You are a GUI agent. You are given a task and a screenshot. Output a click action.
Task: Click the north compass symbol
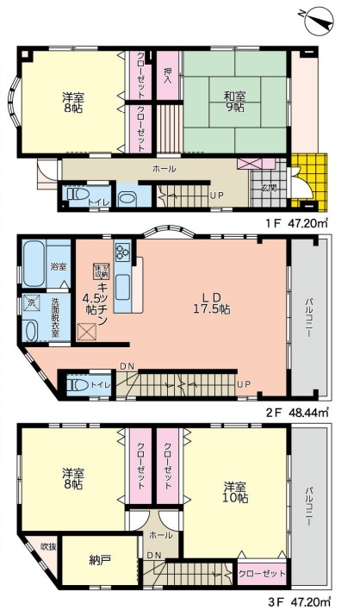click(319, 21)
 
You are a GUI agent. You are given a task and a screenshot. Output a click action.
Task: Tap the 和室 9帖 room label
click(234, 101)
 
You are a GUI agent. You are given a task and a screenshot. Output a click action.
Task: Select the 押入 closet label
click(168, 77)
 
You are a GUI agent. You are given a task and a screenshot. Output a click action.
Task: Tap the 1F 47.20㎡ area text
click(296, 224)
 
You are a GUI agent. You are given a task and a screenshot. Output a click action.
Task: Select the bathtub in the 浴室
click(33, 263)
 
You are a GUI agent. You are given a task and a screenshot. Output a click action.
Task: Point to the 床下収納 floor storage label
click(101, 270)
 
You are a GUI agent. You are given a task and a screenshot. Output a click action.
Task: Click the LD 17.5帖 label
click(212, 303)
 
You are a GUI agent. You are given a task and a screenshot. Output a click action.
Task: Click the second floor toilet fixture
click(78, 384)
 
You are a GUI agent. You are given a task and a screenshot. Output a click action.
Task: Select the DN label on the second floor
click(127, 365)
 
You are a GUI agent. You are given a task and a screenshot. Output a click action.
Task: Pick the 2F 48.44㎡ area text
click(297, 412)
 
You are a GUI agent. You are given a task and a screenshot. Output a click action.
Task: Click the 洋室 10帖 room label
click(235, 492)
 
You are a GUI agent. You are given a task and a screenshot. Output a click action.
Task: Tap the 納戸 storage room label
click(100, 560)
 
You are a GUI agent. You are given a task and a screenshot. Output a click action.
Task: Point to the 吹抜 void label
click(48, 546)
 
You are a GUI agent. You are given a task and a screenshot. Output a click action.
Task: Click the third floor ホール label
click(160, 535)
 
